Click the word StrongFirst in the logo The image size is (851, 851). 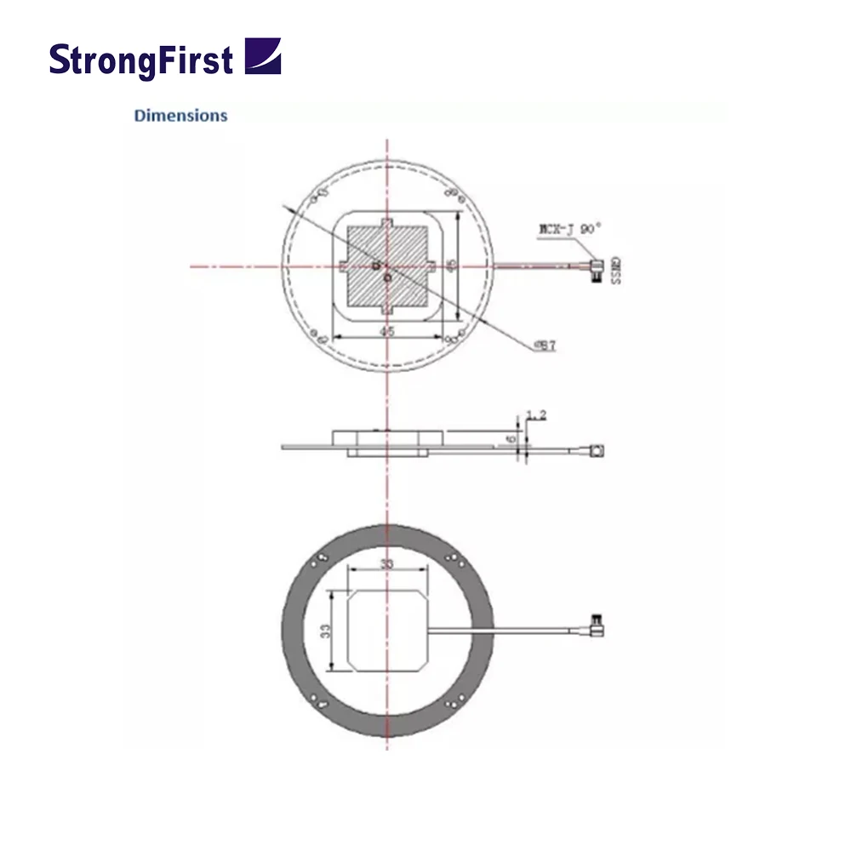point(140,60)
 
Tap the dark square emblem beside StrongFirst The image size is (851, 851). point(262,56)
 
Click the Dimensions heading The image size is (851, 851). point(180,116)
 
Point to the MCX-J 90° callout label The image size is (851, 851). point(569,228)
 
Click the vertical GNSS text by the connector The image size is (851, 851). point(615,270)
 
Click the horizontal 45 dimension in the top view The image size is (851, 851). point(387,332)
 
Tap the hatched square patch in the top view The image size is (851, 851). point(387,265)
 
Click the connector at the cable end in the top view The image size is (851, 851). point(596,270)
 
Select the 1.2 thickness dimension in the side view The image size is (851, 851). point(536,414)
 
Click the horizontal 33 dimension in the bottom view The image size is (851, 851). point(387,564)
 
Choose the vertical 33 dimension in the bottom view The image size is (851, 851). point(327,631)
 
